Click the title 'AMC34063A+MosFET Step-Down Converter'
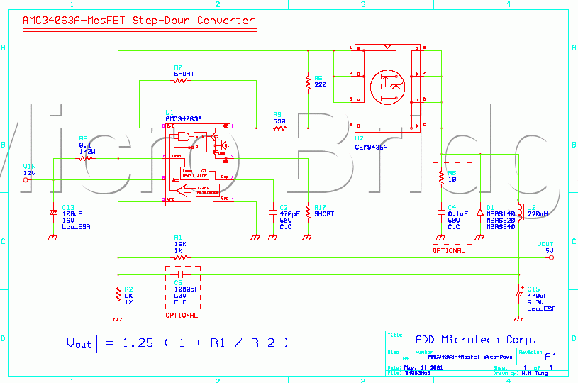[139, 21]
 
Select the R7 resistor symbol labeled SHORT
[181, 81]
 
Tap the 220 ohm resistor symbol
[308, 84]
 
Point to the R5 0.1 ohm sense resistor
[86, 157]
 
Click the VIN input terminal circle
[26, 180]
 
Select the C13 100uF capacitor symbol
[53, 212]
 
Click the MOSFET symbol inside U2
[387, 85]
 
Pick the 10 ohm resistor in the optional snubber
[442, 176]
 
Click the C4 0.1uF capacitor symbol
[442, 211]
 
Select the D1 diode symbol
[480, 211]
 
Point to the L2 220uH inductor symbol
[521, 211]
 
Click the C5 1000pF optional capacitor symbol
[181, 274]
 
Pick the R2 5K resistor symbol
[117, 293]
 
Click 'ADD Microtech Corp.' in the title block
[475, 340]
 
